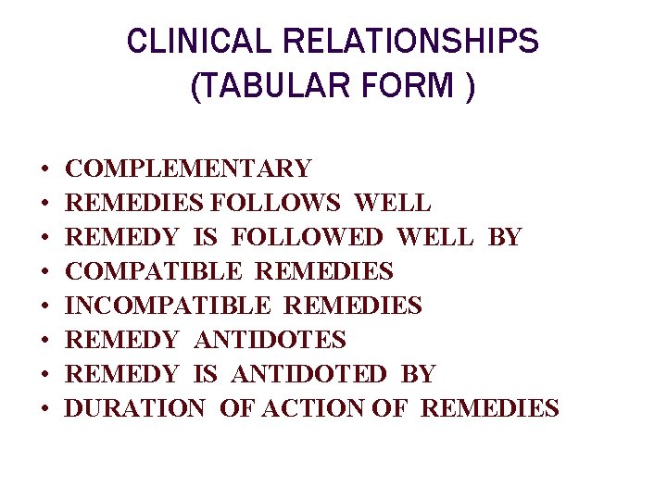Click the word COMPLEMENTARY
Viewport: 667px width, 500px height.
coord(189,169)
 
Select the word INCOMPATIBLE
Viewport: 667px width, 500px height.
coord(168,306)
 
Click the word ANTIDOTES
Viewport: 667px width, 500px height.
coord(270,340)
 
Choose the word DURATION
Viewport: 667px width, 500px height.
coord(135,408)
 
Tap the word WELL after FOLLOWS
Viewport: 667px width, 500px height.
coord(393,203)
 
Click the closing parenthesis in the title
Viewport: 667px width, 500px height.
coord(471,87)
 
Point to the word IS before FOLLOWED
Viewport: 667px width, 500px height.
coord(205,237)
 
